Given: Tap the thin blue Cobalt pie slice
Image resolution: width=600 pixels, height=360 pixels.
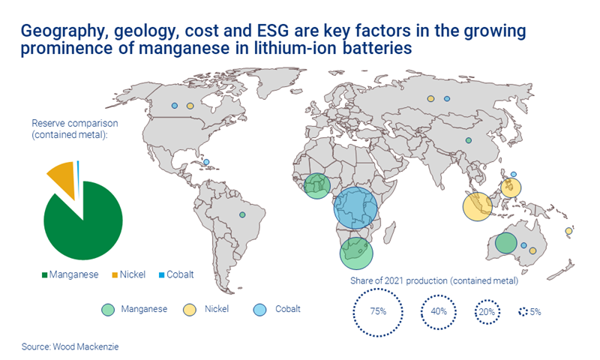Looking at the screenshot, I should (78, 166).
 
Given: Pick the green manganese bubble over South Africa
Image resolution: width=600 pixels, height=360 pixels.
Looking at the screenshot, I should (357, 253).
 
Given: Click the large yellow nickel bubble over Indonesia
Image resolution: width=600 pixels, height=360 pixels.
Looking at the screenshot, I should (477, 206).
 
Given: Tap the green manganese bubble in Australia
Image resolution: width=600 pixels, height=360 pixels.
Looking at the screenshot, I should (505, 243).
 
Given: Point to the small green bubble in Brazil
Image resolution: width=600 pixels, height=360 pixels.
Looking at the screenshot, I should (242, 215).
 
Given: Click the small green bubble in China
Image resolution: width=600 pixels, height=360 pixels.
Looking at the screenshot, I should (468, 140).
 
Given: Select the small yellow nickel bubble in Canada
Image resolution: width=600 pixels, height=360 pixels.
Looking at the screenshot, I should (190, 106).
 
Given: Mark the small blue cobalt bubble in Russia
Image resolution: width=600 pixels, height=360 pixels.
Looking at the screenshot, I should (446, 98).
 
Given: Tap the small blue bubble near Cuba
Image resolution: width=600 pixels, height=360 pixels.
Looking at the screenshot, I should (206, 162).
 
